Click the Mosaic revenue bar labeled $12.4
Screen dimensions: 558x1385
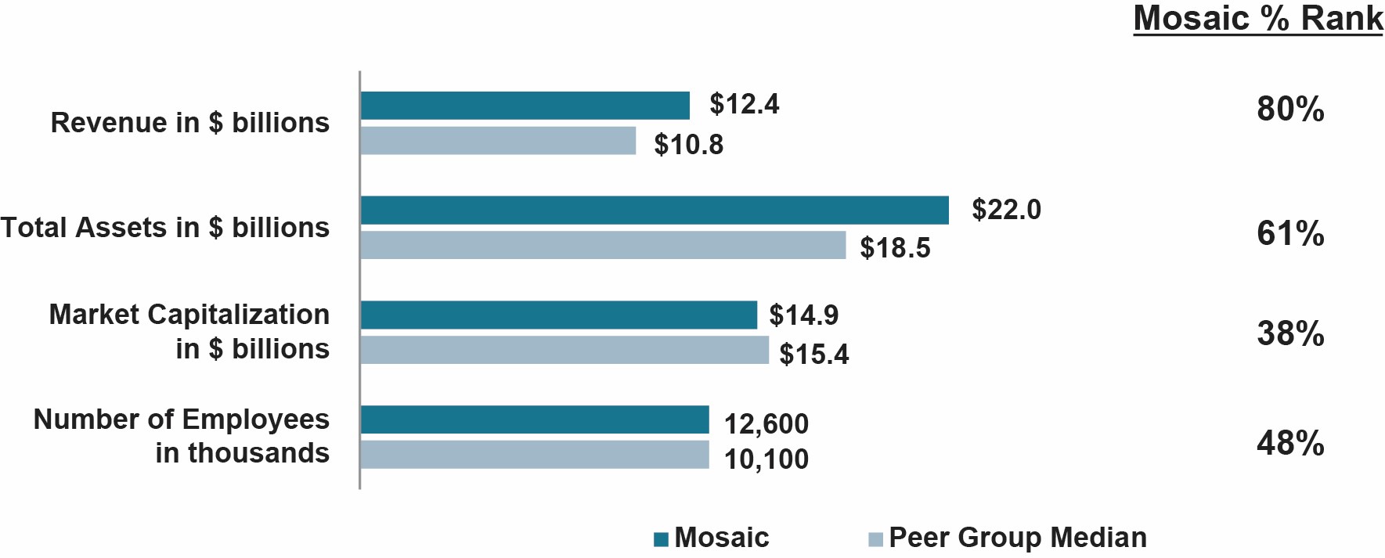tap(525, 106)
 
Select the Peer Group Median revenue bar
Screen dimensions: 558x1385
tap(498, 141)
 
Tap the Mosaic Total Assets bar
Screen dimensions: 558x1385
tap(655, 211)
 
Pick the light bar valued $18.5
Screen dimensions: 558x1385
tap(603, 245)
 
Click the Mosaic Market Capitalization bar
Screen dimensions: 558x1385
tap(558, 315)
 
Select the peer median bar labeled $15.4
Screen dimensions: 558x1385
tap(564, 350)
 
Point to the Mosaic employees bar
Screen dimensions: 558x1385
tap(535, 419)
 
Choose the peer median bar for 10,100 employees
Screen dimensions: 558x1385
tap(535, 455)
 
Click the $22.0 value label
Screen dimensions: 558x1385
tap(1006, 210)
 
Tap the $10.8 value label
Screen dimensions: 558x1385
tap(688, 145)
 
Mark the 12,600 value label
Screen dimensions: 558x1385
tap(766, 424)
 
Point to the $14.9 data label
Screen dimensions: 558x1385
tap(803, 315)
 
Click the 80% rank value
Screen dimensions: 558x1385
tap(1289, 110)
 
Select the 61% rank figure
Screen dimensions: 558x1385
tap(1289, 234)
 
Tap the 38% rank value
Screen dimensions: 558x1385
tap(1289, 334)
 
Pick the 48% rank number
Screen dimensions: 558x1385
tap(1289, 444)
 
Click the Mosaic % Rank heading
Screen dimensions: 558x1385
tap(1257, 19)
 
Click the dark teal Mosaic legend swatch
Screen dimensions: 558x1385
tap(661, 539)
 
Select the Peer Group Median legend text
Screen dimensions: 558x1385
tap(1017, 538)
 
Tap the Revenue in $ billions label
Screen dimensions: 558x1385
tap(189, 123)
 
